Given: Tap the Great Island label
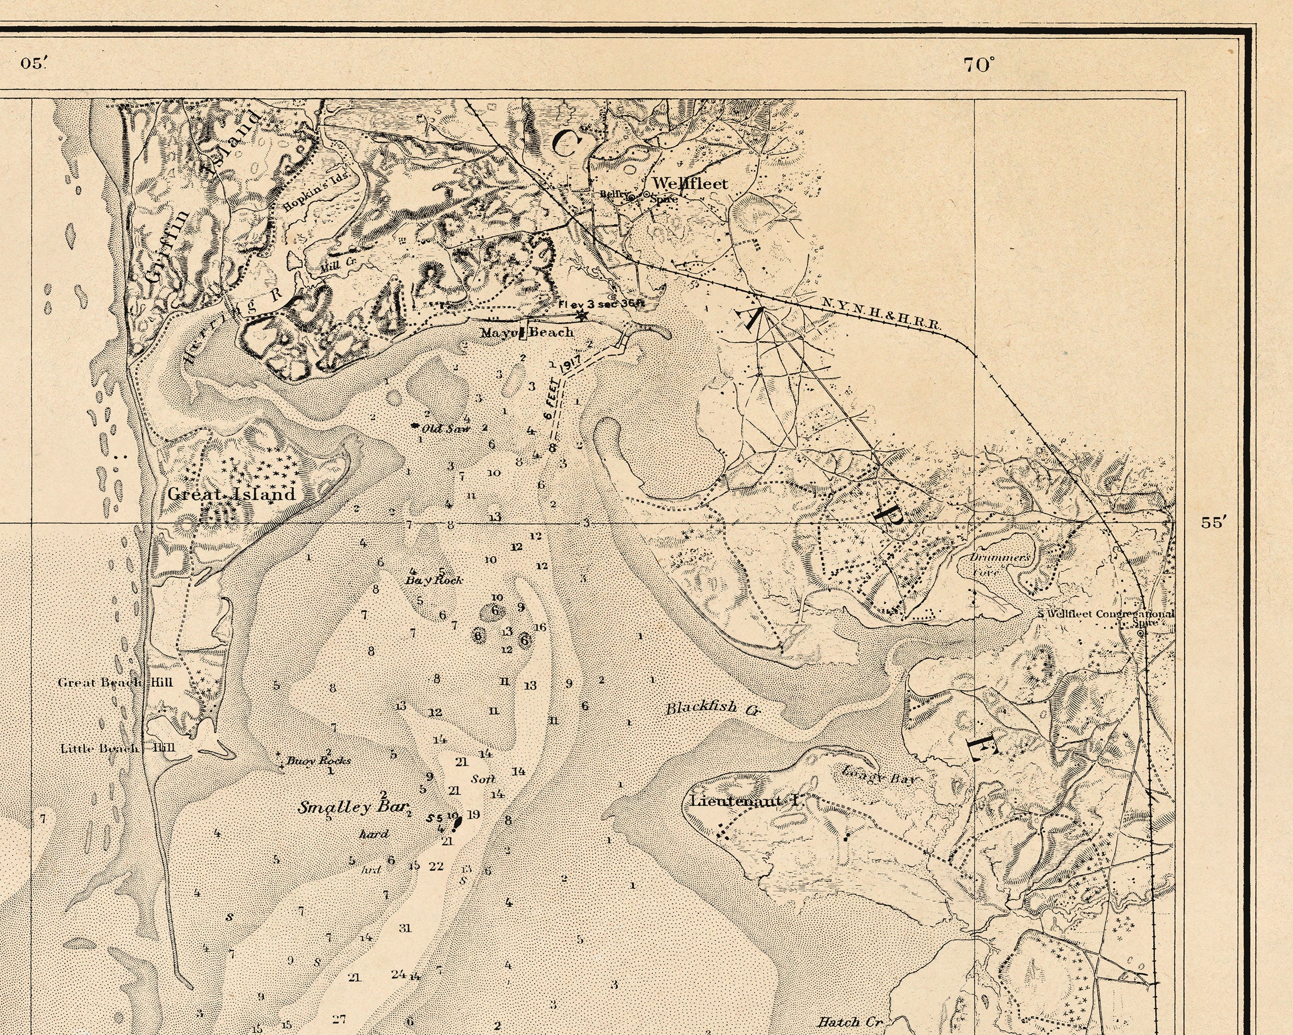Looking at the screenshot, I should (232, 494).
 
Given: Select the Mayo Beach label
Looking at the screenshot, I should (527, 332).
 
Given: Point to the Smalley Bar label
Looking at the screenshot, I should (353, 807).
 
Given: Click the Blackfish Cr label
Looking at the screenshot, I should (712, 709).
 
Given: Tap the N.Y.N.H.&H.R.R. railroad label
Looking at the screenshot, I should (881, 314).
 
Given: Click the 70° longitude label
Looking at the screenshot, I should (979, 65).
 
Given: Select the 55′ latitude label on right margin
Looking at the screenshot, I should (1212, 522).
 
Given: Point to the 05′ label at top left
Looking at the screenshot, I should (33, 64).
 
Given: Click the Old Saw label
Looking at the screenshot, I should (446, 429).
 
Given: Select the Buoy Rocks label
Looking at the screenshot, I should (318, 760).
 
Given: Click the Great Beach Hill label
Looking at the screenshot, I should (115, 682).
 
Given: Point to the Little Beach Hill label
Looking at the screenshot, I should (117, 748).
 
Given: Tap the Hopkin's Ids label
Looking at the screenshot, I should (319, 190).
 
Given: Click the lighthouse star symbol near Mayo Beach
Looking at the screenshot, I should (580, 314).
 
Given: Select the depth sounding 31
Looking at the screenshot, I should (406, 928).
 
